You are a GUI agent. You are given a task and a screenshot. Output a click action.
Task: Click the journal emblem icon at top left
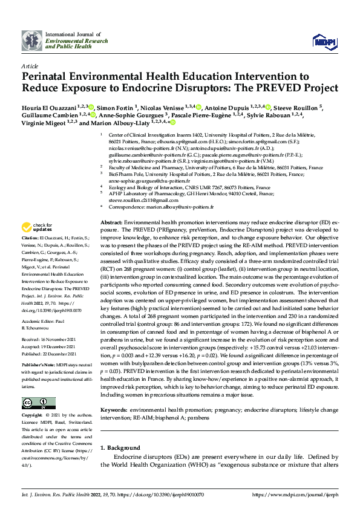[x=32, y=41]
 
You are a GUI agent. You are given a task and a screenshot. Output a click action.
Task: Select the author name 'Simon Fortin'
[x=116, y=107]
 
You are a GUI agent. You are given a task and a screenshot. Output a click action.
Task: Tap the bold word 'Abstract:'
[x=113, y=223]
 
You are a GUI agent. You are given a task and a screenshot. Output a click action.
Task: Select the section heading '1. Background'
[x=120, y=448]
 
